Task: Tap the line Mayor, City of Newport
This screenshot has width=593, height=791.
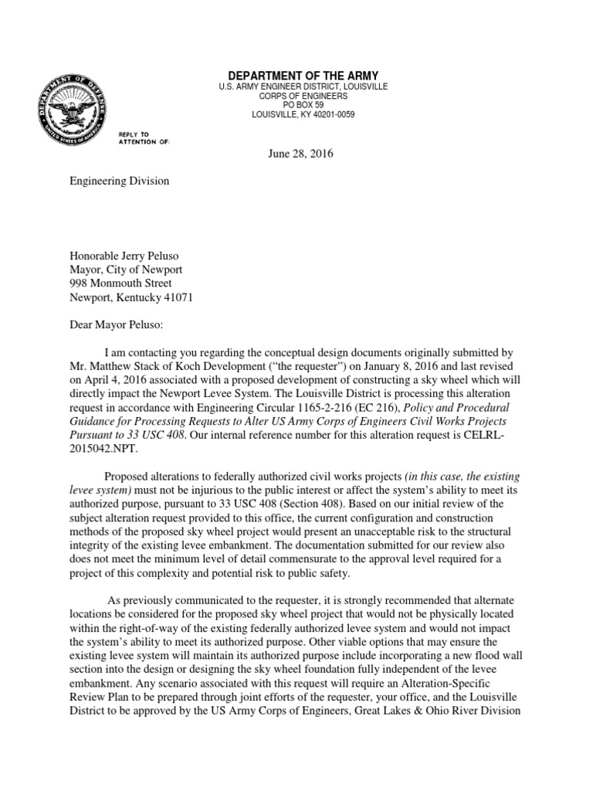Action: (x=127, y=269)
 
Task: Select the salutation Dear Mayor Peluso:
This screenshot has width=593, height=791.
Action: (x=120, y=324)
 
